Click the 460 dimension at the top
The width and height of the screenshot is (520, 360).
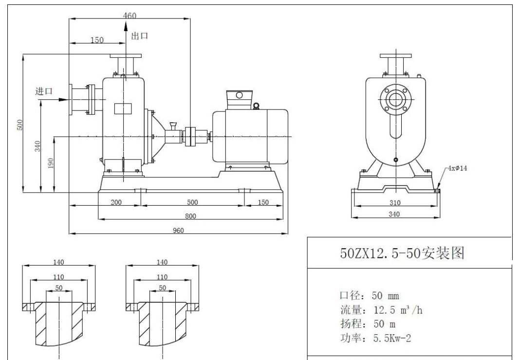coord(130,16)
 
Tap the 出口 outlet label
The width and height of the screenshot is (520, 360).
coord(140,36)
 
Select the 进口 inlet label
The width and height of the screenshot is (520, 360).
coord(44,91)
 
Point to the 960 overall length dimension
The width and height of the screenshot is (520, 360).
coord(178,231)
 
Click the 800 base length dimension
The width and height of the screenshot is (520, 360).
coord(191,216)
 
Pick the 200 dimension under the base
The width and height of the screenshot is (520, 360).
coord(116,202)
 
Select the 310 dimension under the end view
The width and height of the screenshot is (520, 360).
coord(395,202)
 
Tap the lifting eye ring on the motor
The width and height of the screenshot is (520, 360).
coord(256,106)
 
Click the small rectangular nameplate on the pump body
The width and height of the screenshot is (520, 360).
coord(123,108)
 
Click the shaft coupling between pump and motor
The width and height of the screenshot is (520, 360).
coord(190,136)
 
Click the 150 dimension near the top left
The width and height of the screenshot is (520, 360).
coord(97,40)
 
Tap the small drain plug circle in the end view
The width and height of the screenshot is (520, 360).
coord(395,159)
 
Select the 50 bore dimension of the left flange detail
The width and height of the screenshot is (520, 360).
coord(59,288)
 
